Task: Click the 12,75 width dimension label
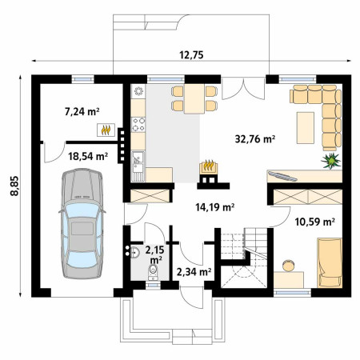(x=191, y=54)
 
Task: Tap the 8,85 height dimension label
(x=14, y=186)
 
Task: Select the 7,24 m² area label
(x=82, y=111)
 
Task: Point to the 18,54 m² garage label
(x=88, y=156)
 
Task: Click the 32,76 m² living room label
(x=255, y=138)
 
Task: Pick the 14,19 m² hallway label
(x=215, y=207)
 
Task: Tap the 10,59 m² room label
(x=315, y=222)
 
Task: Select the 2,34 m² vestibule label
(x=194, y=272)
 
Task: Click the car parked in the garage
(x=82, y=223)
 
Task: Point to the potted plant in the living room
(x=331, y=161)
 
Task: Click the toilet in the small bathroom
(x=153, y=271)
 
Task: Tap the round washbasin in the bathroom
(x=135, y=252)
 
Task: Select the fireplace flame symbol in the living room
(x=208, y=166)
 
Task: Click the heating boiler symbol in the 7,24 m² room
(x=106, y=130)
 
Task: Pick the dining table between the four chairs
(x=194, y=98)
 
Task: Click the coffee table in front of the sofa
(x=306, y=128)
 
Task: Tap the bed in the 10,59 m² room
(x=330, y=263)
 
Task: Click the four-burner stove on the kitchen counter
(x=138, y=125)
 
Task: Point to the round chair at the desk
(x=289, y=266)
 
